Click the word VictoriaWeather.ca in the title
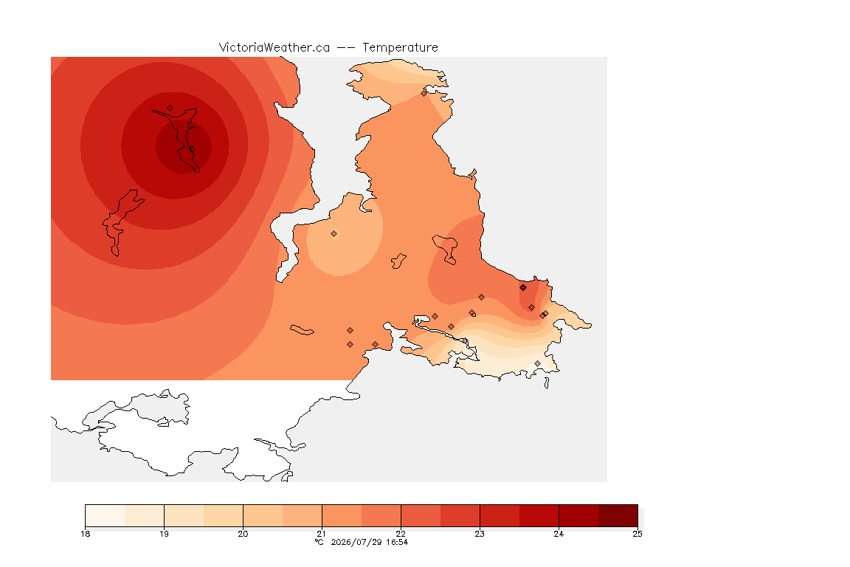coord(274,48)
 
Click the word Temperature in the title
coord(400,48)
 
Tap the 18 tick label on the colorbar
coord(85,534)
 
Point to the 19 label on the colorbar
coord(164,534)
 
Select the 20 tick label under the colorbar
coord(243,534)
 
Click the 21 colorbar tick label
coord(322,534)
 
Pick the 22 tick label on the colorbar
coord(401,534)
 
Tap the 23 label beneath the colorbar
coord(480,534)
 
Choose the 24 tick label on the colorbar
coord(559,534)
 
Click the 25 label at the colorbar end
coord(637,534)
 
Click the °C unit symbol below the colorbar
coord(319,542)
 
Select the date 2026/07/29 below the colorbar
coord(356,542)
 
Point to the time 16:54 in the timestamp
coord(397,542)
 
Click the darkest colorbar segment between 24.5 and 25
coord(618,515)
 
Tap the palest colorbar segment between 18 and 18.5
coord(106,515)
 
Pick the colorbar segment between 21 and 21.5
coord(342,515)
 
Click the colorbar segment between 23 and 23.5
coord(500,515)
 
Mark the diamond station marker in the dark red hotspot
coord(170,109)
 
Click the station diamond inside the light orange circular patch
coord(334,234)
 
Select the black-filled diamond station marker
coord(522,288)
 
